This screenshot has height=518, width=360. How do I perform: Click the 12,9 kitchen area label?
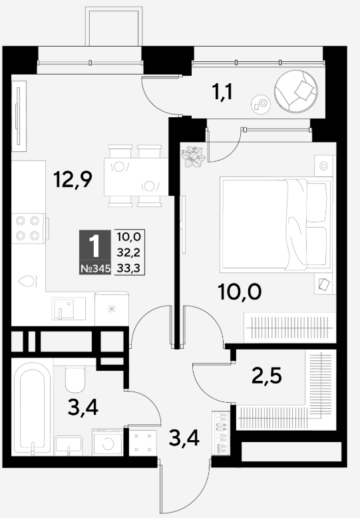73,180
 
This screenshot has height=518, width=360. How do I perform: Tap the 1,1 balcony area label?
222,91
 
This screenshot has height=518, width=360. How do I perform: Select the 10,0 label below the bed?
240,292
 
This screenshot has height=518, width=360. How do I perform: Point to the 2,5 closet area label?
267,376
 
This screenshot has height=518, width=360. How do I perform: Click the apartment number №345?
95,269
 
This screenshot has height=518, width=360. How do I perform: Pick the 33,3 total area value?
129,268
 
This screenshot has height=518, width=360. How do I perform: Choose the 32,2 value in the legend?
129,253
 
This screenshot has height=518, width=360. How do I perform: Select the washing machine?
108,442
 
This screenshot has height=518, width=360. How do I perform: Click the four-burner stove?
28,228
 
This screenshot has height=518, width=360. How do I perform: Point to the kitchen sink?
69,308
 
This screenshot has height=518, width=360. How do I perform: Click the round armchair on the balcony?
296,91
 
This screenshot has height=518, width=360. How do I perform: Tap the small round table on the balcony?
261,105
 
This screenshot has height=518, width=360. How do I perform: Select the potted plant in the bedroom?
193,156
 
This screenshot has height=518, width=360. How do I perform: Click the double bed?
276,224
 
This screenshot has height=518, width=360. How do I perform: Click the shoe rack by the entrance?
220,433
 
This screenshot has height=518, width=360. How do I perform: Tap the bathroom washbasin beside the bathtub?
69,445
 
